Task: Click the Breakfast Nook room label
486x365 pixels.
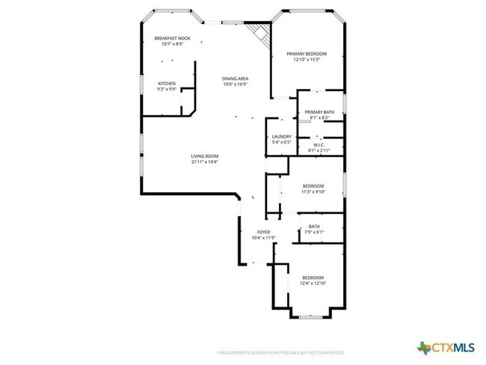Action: click(172, 38)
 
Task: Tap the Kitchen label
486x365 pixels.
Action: click(167, 83)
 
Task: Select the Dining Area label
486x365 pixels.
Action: click(235, 79)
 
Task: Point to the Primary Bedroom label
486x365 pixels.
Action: click(307, 54)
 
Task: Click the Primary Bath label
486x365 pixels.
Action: click(319, 112)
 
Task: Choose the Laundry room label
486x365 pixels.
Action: click(281, 136)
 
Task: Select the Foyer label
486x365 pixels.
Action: click(264, 232)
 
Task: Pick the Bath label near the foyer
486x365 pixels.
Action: click(314, 227)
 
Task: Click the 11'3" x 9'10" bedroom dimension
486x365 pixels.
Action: click(313, 191)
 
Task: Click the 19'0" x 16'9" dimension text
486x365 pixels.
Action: click(235, 85)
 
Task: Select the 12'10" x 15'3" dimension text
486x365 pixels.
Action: click(307, 60)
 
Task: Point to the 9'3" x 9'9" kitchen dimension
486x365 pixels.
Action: click(167, 89)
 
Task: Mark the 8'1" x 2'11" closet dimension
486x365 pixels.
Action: click(319, 150)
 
